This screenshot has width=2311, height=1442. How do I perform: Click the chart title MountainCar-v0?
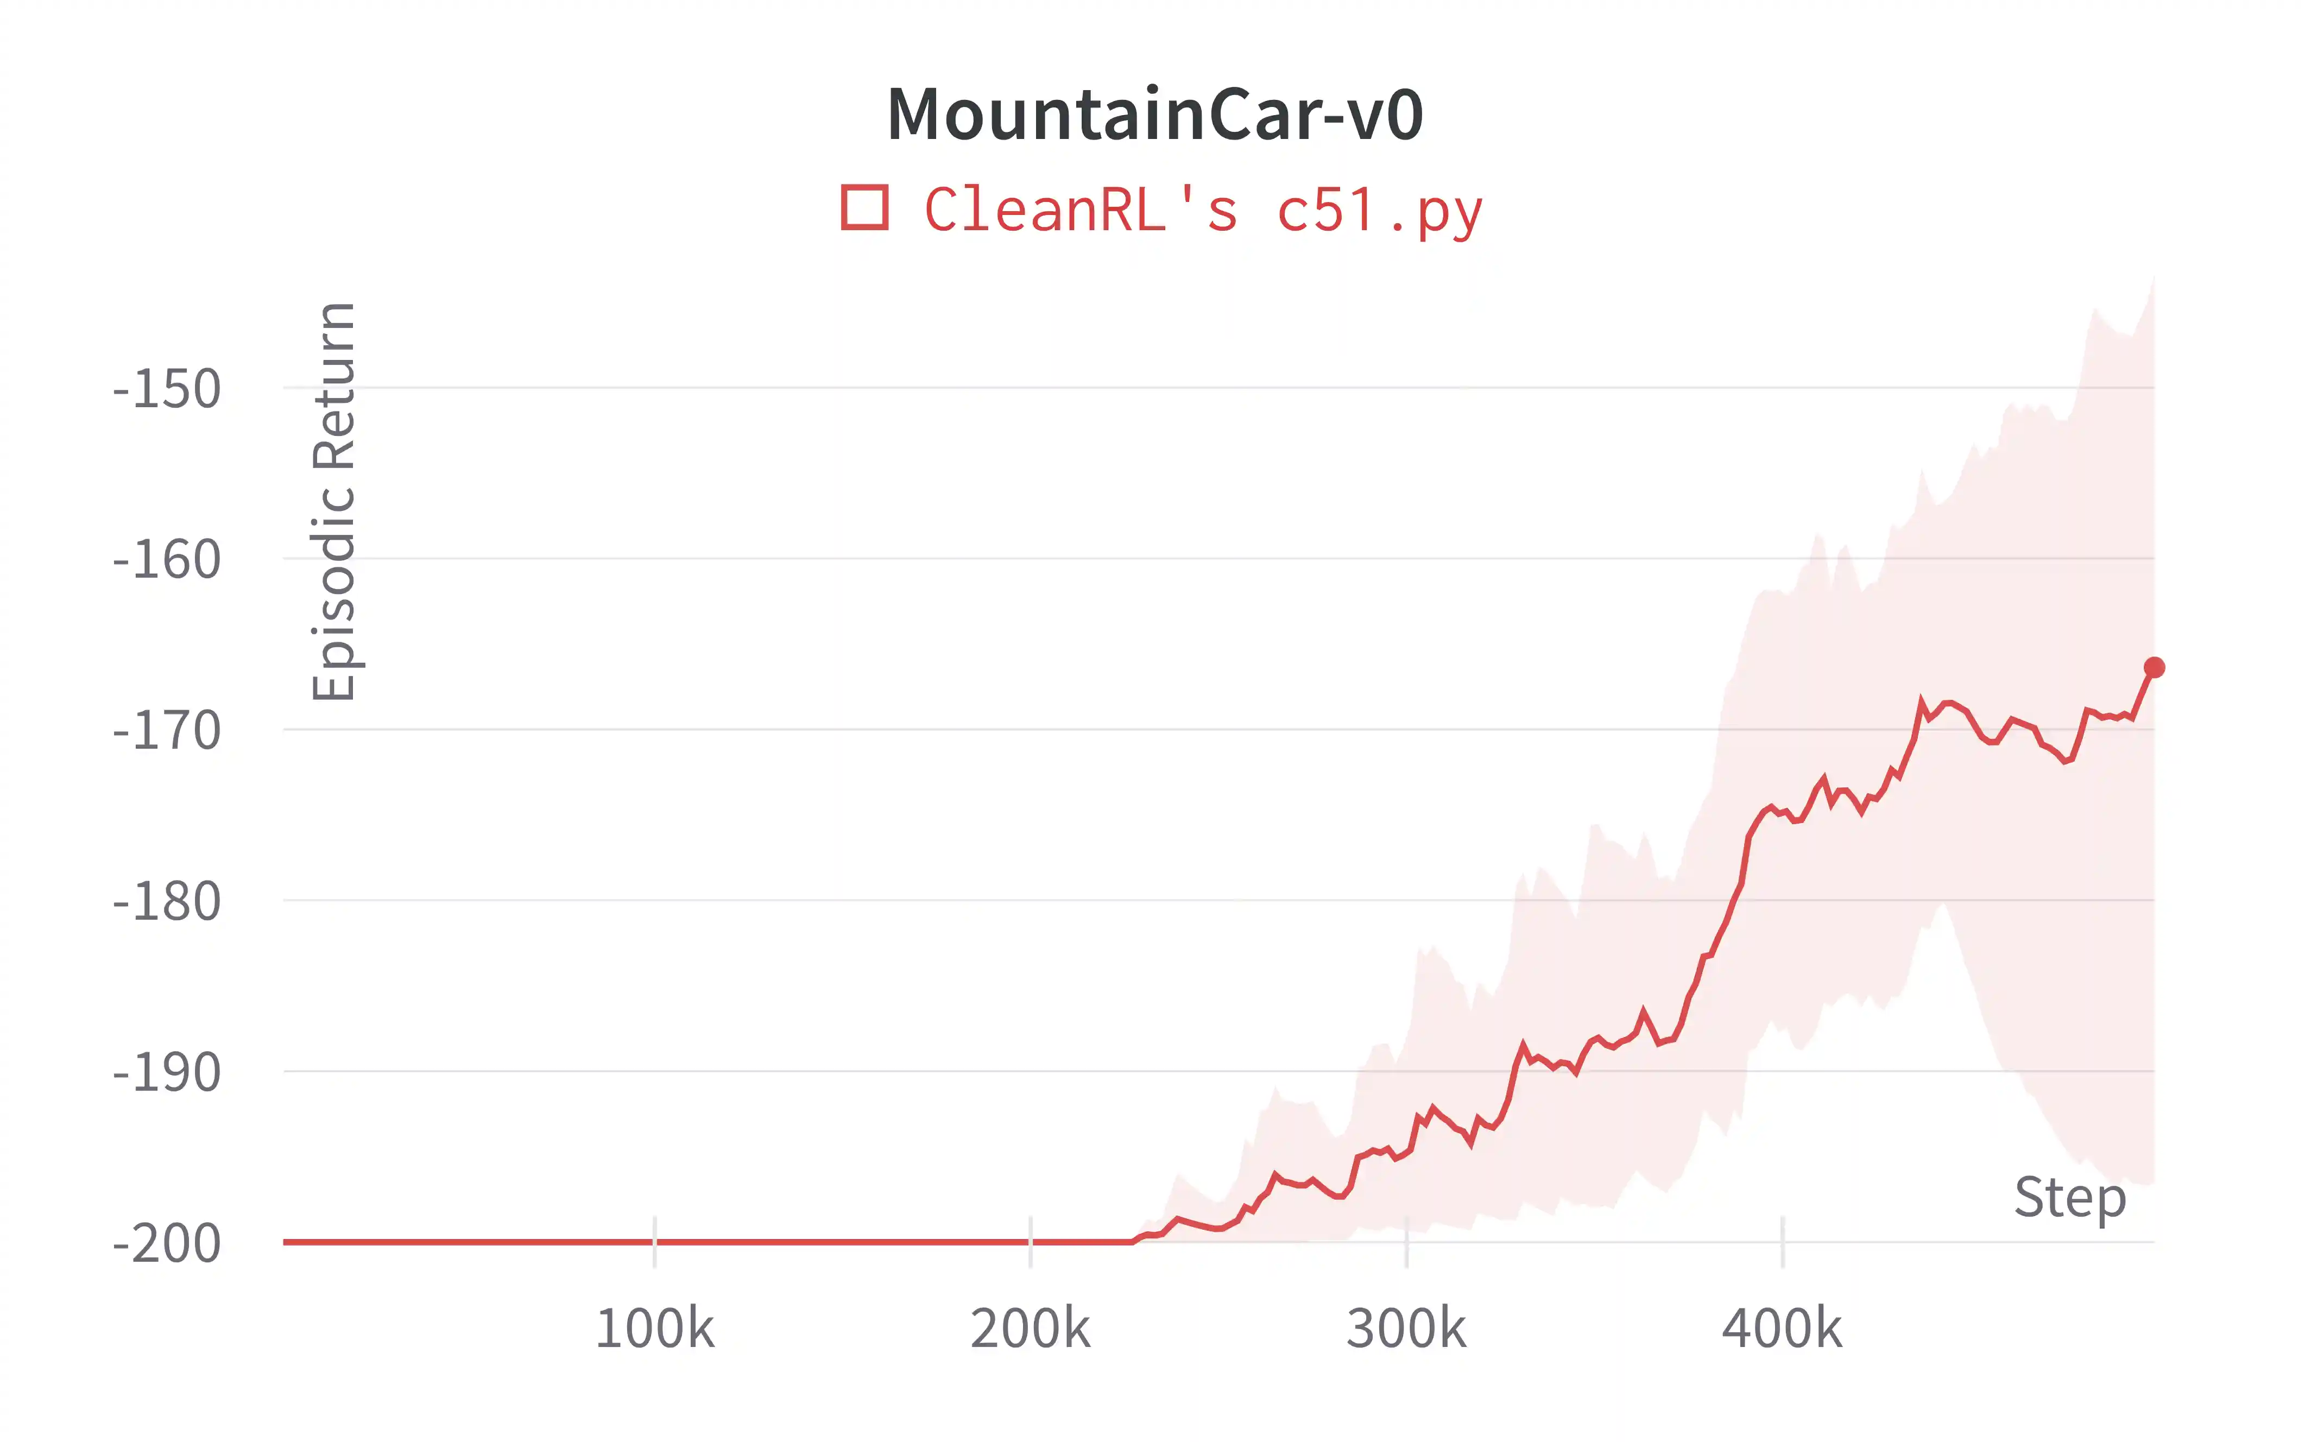point(1155,115)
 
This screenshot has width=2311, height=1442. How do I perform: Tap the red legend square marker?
point(864,208)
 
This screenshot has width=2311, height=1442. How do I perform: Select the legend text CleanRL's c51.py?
point(1203,210)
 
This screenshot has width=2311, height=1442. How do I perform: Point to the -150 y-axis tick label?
point(167,389)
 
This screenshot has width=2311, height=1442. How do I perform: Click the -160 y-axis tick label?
point(167,560)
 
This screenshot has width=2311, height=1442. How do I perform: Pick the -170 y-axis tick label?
point(167,731)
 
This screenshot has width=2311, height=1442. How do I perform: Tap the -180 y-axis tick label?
point(167,902)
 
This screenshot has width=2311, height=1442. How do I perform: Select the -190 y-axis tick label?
point(167,1073)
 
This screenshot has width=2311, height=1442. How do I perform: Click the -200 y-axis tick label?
point(167,1244)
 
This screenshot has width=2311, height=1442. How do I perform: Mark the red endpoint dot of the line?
point(2154,668)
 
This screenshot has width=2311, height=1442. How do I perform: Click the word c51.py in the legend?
point(1379,210)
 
